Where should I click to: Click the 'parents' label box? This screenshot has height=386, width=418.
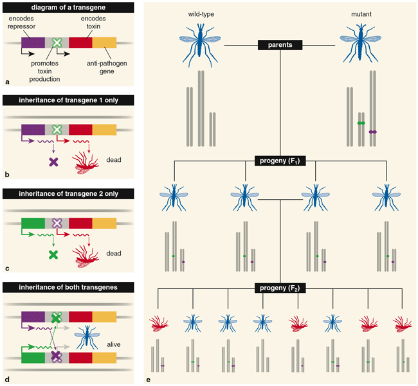coord(280,45)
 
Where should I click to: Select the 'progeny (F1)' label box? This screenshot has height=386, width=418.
coord(280,161)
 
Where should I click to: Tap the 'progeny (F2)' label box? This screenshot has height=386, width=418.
coord(280,288)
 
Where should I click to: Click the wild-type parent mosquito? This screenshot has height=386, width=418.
coord(200,45)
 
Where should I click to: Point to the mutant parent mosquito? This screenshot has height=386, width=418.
coord(361,44)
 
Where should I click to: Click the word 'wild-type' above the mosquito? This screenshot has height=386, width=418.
coord(201,14)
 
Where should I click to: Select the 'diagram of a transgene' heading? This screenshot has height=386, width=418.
coord(68,8)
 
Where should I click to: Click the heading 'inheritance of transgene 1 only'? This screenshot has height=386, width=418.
coord(68,100)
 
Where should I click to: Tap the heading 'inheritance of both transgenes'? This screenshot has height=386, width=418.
coord(68,288)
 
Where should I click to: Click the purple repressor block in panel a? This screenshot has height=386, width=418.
coord(33,42)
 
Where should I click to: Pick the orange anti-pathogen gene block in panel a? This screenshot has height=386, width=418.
coord(104,42)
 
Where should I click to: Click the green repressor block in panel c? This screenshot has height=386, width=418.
coord(33,224)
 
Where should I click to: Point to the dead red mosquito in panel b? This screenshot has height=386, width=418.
coord(86,163)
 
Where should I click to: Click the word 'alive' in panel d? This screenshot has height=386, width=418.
coord(114,344)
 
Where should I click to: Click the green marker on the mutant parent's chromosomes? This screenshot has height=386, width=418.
coord(361,123)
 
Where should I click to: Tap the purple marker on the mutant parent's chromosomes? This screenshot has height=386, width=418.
coord(373,132)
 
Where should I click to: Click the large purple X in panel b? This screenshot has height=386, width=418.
coord(53,162)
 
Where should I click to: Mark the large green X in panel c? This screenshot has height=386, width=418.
coord(53,255)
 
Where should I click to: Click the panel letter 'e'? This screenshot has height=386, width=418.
coord(148,380)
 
